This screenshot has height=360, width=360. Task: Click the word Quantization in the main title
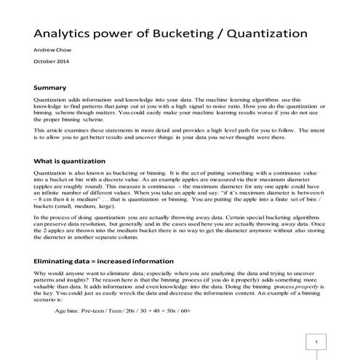[268, 34]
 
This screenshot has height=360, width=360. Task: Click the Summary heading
[50, 87]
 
